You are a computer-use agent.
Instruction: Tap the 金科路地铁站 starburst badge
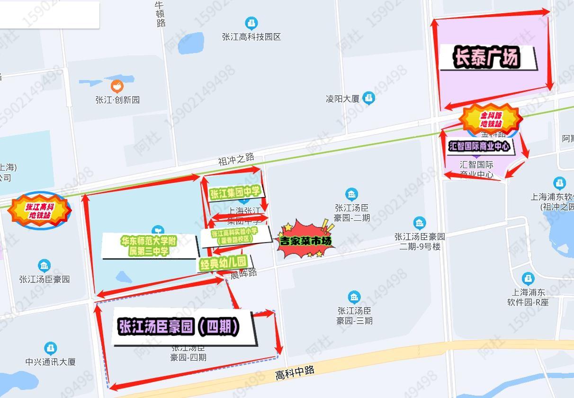pyautogui.click(x=491, y=119)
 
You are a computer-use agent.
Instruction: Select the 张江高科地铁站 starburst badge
pyautogui.click(x=40, y=211)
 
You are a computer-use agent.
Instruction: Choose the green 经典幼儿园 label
pyautogui.click(x=224, y=263)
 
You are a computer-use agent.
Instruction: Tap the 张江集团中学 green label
pyautogui.click(x=235, y=193)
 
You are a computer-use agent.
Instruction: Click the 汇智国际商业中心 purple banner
pyautogui.click(x=479, y=146)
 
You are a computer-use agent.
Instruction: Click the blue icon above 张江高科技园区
pyautogui.click(x=251, y=23)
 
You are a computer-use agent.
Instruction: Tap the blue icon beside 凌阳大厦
pyautogui.click(x=368, y=98)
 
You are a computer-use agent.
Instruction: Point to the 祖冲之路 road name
pyautogui.click(x=236, y=160)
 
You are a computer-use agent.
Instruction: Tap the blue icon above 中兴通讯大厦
pyautogui.click(x=50, y=349)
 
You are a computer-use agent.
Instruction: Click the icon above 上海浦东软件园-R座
pyautogui.click(x=528, y=279)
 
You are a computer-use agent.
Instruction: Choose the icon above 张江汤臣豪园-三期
pyautogui.click(x=354, y=298)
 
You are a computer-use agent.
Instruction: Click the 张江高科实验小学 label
pyautogui.click(x=234, y=235)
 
